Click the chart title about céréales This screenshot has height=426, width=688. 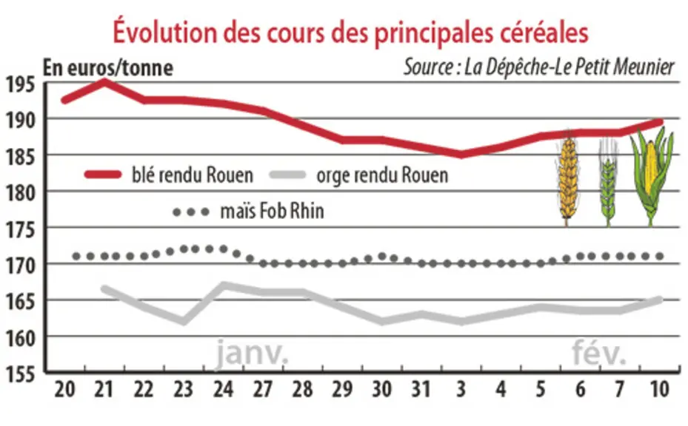click(x=350, y=33)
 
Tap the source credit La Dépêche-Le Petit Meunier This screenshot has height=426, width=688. click(x=539, y=67)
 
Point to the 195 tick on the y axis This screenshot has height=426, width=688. click(x=20, y=84)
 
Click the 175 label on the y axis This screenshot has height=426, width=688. click(x=20, y=229)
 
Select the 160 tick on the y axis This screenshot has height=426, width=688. click(x=20, y=338)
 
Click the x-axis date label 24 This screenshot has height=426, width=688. click(x=223, y=389)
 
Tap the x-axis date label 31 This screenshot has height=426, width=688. click(x=421, y=389)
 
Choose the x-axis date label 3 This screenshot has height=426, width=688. click(x=461, y=389)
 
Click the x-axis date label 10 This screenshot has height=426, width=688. click(x=659, y=389)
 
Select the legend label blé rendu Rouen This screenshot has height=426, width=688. click(x=193, y=175)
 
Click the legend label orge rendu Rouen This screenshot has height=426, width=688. click(x=382, y=175)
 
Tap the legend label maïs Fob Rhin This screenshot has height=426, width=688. click(x=272, y=212)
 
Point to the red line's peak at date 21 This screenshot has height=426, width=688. click(x=104, y=81)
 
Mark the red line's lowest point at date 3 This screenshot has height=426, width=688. click(x=461, y=155)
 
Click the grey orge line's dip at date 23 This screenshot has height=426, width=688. click(x=184, y=321)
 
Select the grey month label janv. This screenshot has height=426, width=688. click(x=252, y=354)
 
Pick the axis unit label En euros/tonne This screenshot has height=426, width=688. click(x=108, y=68)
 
